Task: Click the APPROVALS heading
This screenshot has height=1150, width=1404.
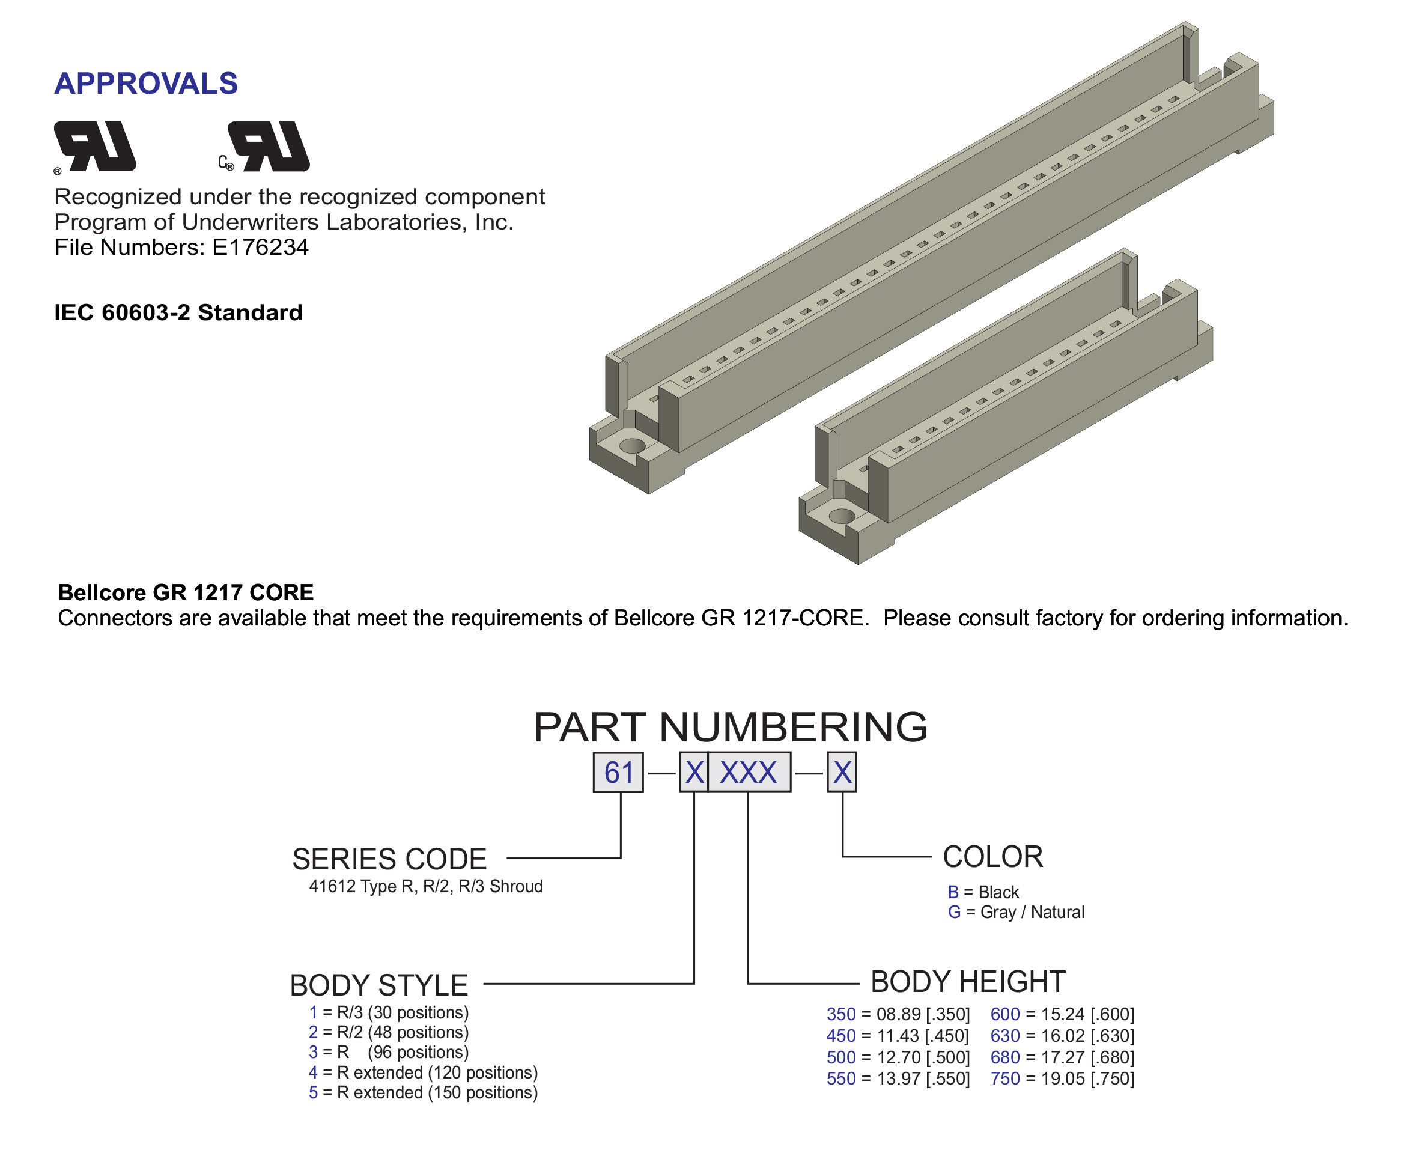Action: pos(146,84)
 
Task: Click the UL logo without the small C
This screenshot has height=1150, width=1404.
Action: pos(95,147)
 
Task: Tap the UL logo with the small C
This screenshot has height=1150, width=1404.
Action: pos(265,147)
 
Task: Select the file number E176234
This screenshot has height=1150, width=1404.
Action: pos(260,247)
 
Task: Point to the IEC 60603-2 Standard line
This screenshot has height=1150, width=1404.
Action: pos(178,312)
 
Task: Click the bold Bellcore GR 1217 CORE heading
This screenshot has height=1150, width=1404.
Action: pos(186,592)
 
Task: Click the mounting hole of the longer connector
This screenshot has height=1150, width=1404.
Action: pos(633,445)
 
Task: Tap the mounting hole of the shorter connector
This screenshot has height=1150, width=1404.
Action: pos(842,516)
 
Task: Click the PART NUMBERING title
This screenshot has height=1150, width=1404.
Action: pos(731,728)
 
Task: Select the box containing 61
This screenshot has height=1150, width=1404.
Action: pos(618,771)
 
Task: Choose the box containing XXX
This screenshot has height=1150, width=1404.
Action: pos(749,771)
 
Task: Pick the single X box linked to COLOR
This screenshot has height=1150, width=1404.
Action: pos(842,771)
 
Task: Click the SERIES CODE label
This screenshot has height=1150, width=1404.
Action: pos(389,859)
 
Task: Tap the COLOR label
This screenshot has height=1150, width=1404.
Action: pos(992,857)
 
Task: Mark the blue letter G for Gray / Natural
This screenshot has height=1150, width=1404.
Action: pos(954,912)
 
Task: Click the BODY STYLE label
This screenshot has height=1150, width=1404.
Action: pos(379,985)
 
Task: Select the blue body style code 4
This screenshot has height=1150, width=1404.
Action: pos(313,1072)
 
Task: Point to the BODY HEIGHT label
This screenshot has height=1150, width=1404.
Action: pos(968,982)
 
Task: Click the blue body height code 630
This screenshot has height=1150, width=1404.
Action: pos(1005,1036)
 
